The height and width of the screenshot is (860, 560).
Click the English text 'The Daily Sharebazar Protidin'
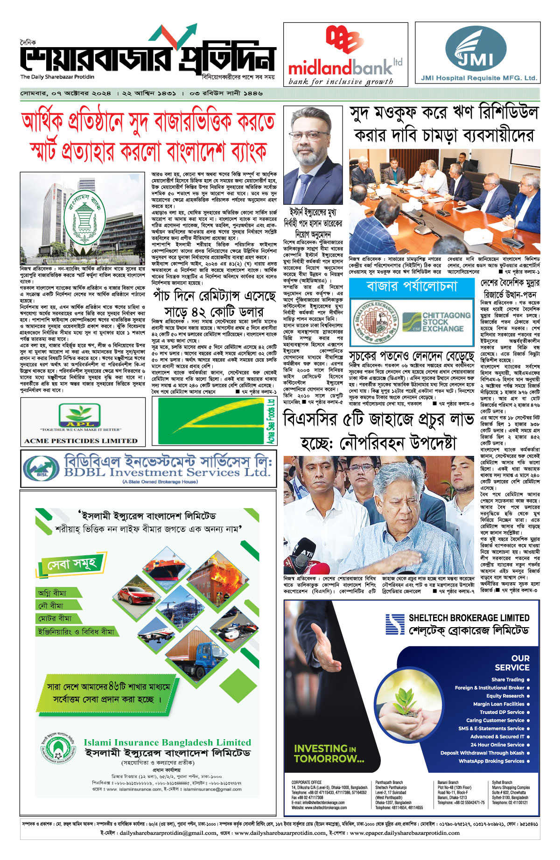[57, 77]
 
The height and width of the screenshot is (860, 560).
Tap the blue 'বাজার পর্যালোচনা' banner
[412, 286]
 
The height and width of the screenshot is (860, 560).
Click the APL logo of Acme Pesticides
[79, 415]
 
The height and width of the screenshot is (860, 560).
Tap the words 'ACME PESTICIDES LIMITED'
[81, 440]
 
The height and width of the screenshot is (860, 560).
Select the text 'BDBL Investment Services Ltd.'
[167, 472]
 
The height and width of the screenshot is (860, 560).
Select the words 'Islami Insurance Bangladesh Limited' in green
[167, 742]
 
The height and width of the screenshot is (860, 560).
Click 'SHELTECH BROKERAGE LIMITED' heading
[469, 618]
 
